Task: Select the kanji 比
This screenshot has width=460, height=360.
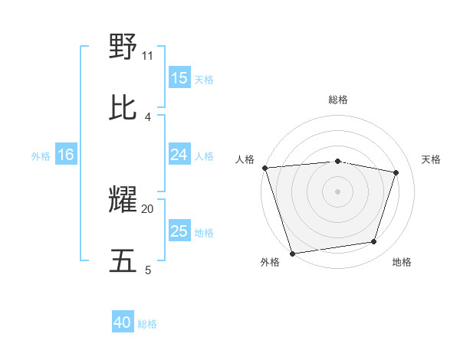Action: coord(123,107)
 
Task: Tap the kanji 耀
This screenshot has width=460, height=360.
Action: coord(123,200)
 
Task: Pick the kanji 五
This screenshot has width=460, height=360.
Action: coord(123,260)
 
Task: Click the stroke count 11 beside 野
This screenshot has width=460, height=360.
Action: coord(148,55)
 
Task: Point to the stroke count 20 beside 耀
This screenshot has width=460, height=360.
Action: coord(148,208)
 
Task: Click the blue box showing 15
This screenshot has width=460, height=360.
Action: coord(179,77)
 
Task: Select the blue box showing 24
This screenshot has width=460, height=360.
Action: coord(179,155)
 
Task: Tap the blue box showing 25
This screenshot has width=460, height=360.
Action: coord(179,231)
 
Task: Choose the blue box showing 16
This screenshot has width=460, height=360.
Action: coord(66,155)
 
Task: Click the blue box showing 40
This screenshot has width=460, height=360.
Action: coord(123,322)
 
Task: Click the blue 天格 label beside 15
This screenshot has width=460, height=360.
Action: coord(204,79)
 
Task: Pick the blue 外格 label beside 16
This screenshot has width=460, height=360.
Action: coord(41,156)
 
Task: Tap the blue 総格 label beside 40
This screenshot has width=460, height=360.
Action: coord(147,324)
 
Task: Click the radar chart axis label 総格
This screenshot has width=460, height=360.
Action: coord(338,100)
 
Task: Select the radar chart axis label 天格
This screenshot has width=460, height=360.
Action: coord(432,159)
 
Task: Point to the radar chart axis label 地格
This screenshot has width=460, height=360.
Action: coord(402,263)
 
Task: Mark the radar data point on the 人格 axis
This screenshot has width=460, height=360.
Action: coord(264,168)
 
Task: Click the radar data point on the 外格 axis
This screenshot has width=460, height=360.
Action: coord(292,253)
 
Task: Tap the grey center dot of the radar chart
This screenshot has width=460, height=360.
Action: coord(337,191)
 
